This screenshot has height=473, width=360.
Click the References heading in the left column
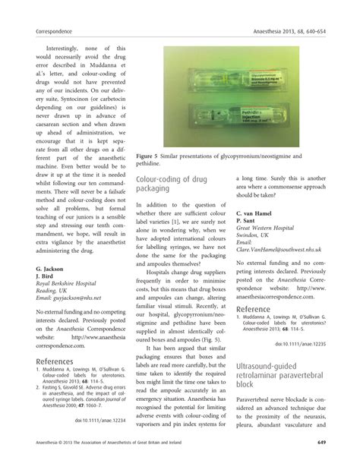point(60,361)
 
